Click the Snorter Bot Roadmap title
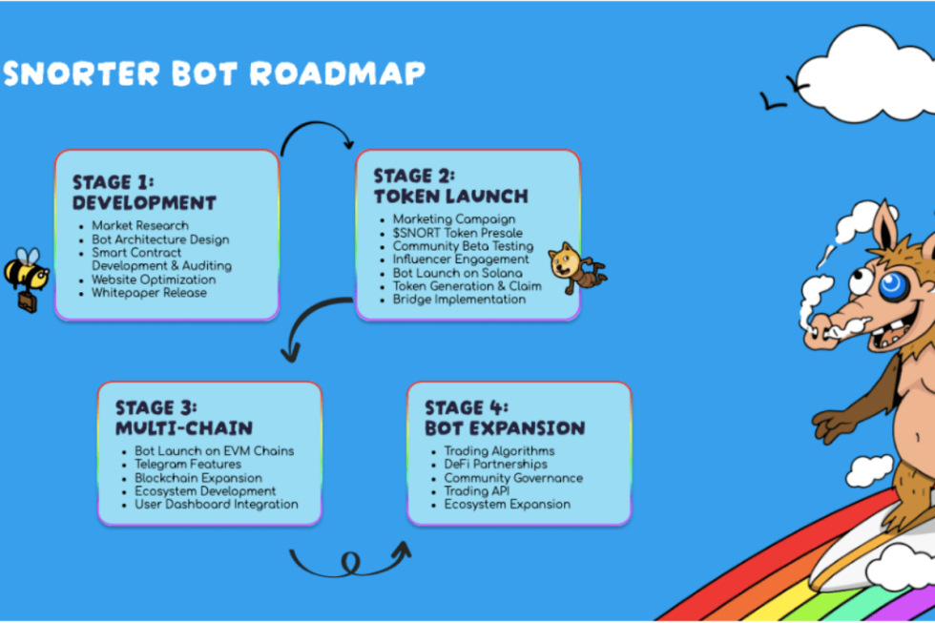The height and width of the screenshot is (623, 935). coord(214,74)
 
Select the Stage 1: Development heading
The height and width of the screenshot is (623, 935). coord(144,192)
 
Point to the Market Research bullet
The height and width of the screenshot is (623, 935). coord(139,226)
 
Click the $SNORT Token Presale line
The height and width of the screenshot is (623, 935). coord(457,233)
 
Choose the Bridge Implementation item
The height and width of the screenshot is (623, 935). coord(459,300)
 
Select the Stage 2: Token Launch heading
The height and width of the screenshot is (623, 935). coord(449,186)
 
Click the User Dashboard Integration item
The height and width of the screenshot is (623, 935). coord(216,505)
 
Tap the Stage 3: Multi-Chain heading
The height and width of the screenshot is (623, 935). coord(183,418)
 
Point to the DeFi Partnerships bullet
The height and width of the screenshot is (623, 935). coord(495,465)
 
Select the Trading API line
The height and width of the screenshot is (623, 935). coord(476,491)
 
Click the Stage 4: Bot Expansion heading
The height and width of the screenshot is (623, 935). coord(504,418)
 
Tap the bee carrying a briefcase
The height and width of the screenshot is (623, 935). coord(25,276)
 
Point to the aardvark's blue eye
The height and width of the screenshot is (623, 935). coord(892,285)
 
